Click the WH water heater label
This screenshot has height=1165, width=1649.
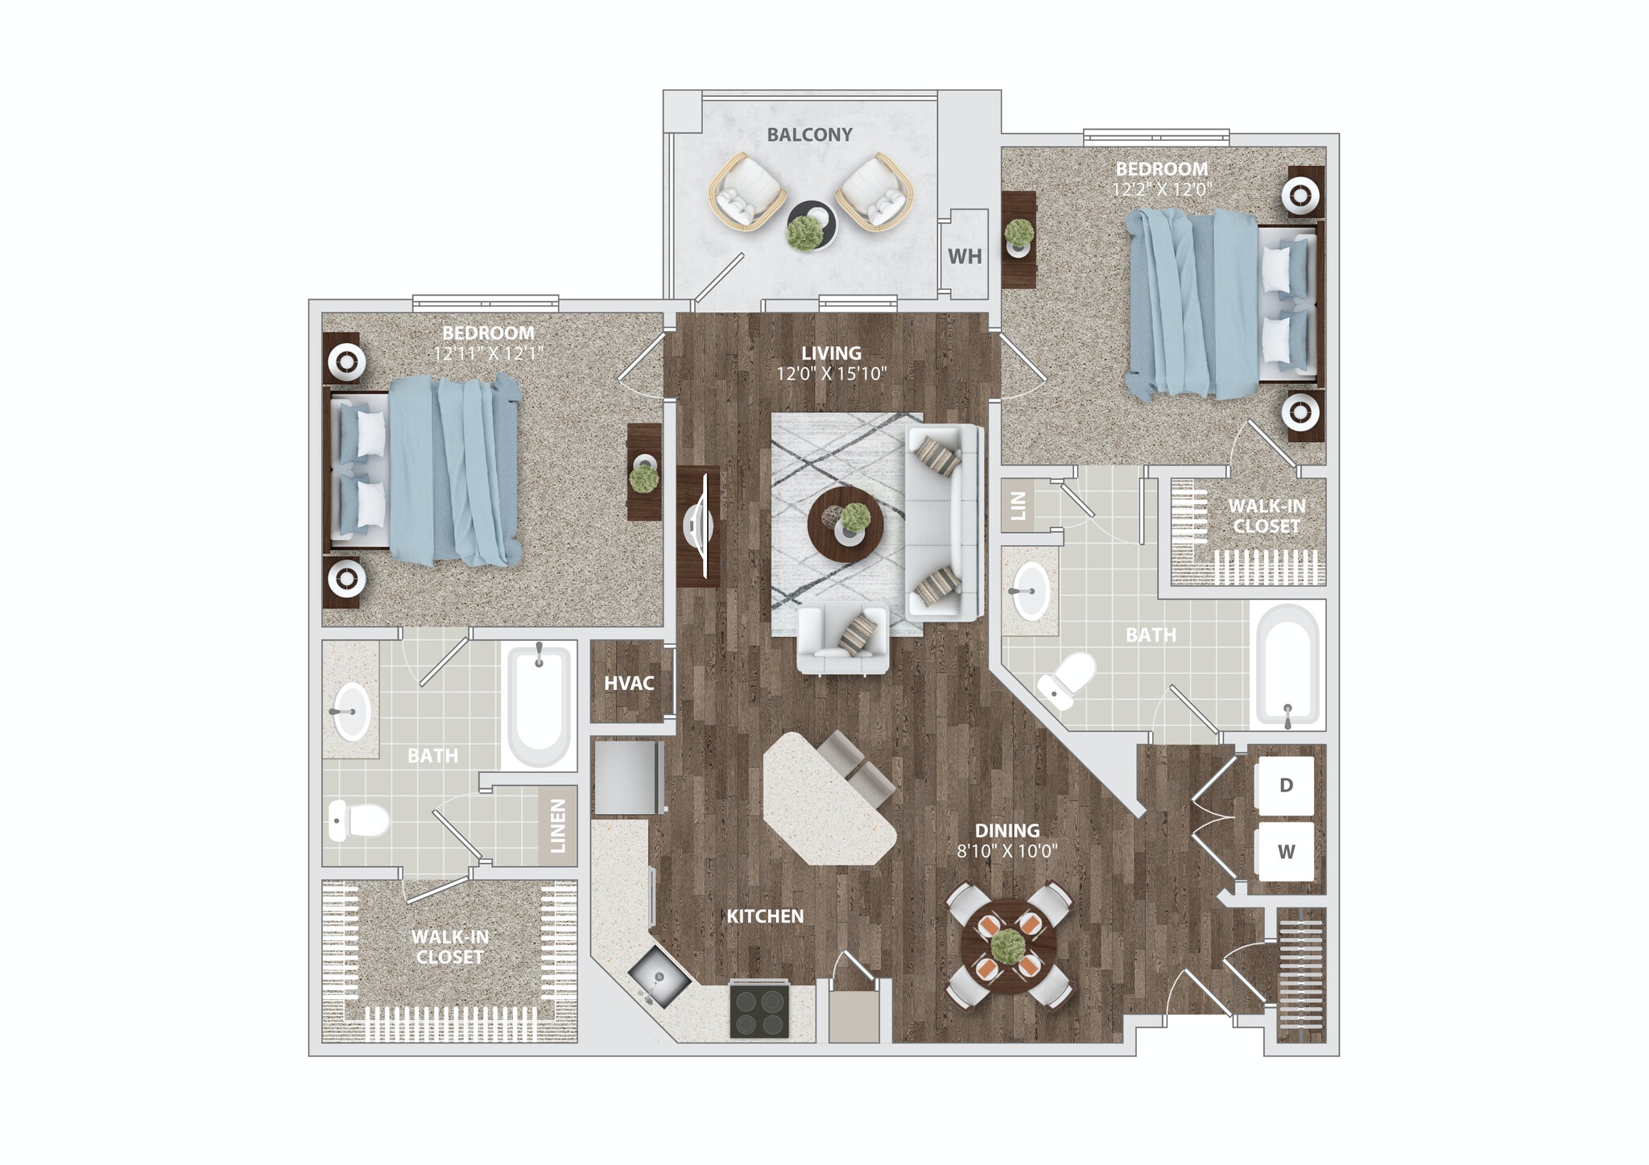964,256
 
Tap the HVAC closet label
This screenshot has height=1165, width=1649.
629,683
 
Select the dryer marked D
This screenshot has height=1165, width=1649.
1286,785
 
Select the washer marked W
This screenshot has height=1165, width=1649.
1286,851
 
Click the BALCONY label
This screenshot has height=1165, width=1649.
809,135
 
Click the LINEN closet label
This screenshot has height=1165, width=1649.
557,825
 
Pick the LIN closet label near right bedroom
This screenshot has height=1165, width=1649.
1018,506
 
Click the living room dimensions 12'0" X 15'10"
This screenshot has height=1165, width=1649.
831,374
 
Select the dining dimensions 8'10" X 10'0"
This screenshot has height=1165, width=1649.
1006,851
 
